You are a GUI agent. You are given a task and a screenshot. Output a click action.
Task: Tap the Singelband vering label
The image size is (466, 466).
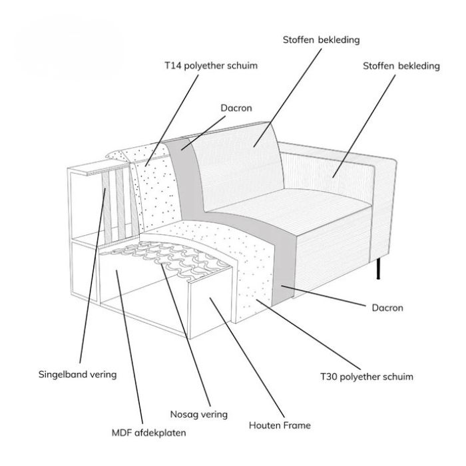click(77, 374)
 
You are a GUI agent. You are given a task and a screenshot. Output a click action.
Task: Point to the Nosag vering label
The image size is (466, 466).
click(198, 414)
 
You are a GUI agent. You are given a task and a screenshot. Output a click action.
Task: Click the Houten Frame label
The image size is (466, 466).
click(280, 424)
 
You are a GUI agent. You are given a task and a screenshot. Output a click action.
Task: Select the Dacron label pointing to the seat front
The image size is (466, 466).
click(387, 308)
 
